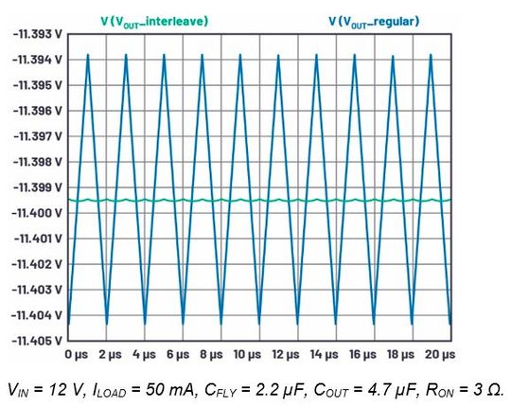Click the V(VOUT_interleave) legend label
coord(154,20)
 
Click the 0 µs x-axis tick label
coord(76,354)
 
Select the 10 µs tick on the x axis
coord(247,354)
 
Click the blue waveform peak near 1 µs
coord(88,55)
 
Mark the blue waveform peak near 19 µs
coord(432,55)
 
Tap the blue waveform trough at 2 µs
coord(106,324)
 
